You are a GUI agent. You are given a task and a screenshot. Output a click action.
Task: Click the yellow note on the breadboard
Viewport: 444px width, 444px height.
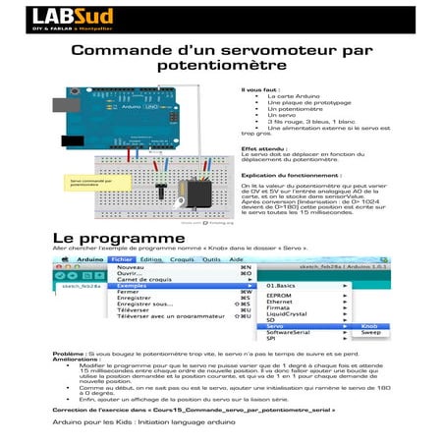93,184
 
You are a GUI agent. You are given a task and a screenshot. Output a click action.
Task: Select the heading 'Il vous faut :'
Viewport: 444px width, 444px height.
260,88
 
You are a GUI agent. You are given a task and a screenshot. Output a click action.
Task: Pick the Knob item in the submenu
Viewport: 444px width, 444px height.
369,326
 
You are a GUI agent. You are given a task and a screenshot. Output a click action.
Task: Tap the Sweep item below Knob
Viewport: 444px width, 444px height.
371,333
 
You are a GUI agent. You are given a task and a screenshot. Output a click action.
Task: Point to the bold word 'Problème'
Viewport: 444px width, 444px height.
69,352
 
